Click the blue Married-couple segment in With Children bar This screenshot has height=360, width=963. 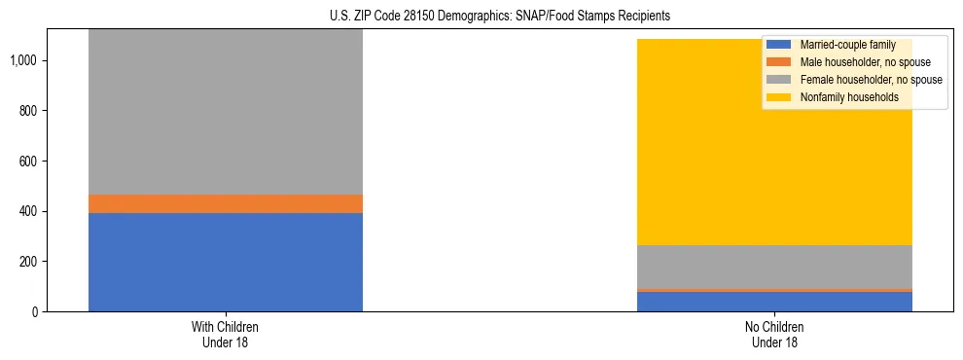(226, 262)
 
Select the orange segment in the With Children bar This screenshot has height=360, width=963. (226, 203)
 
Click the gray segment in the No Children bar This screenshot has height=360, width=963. (775, 267)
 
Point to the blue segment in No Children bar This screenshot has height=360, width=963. (775, 302)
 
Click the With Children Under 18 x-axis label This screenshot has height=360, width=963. (226, 334)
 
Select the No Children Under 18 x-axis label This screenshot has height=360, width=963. (775, 334)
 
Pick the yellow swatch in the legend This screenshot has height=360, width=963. (779, 97)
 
